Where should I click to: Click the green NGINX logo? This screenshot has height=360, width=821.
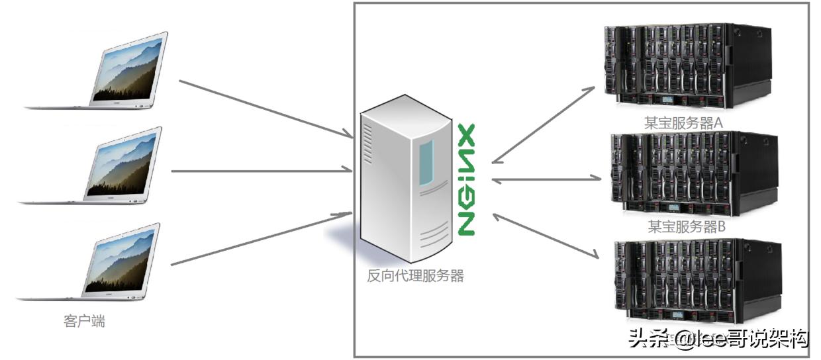(467, 179)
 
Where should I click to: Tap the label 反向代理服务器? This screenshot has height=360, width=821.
(415, 276)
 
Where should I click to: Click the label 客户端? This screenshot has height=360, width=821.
(84, 322)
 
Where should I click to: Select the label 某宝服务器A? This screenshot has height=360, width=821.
(682, 122)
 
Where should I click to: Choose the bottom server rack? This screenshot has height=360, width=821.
(695, 281)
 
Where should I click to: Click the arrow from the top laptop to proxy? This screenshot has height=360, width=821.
(265, 109)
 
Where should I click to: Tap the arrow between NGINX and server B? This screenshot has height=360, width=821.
(546, 179)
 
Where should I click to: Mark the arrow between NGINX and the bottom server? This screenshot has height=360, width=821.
(547, 235)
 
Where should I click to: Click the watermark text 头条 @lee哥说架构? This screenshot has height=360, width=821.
(718, 339)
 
